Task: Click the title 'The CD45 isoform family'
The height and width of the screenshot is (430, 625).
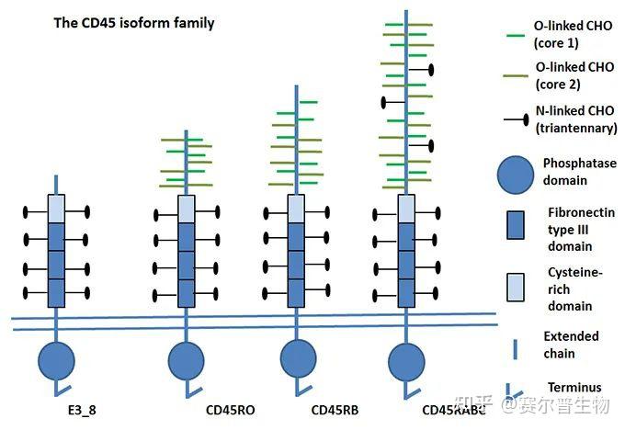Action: coord(134,22)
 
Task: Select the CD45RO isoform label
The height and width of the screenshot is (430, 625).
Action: coord(229,408)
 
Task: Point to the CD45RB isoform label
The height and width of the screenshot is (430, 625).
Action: coord(336,408)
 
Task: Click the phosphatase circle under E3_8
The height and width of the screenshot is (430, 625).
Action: coord(56,359)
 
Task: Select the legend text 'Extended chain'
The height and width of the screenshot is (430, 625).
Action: coord(571,345)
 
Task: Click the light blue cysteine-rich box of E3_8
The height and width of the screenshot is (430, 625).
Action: coord(56,207)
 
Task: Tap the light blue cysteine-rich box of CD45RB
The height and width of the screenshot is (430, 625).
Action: coord(296,207)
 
